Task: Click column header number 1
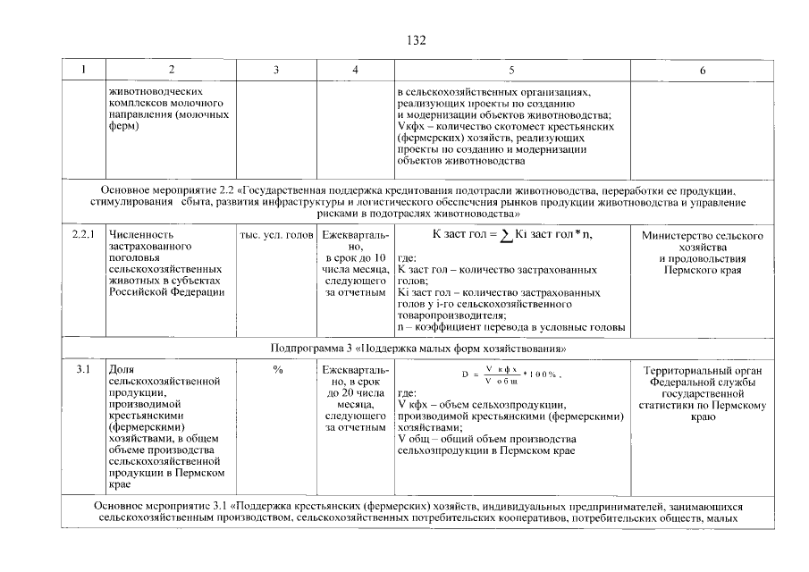click(x=82, y=70)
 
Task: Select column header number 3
click(x=277, y=70)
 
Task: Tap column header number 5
click(x=511, y=70)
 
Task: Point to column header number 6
click(x=702, y=70)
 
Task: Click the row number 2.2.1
click(x=82, y=235)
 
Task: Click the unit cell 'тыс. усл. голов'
click(x=276, y=235)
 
